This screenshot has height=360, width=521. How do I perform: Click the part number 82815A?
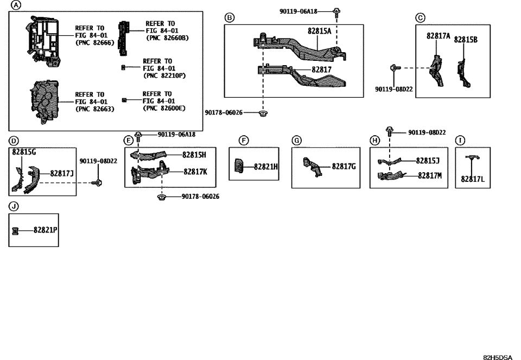pos(319,31)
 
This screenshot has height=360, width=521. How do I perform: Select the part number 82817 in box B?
pos(321,70)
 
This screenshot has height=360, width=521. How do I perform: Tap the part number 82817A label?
pos(438,36)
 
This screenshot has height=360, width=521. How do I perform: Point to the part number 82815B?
pos(466,40)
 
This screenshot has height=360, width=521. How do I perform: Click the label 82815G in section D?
pos(24,153)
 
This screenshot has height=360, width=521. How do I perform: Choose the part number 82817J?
pos(62,173)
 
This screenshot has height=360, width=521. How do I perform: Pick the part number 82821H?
pos(266,167)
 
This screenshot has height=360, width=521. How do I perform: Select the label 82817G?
pos(344,166)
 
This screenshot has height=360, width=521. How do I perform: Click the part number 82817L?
pos(472,179)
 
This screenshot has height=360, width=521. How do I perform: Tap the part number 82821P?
pos(45,230)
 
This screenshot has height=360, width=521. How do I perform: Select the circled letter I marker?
pos(460,141)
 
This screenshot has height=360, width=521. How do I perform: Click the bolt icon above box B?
pos(337,11)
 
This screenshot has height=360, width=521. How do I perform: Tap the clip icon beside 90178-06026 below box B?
pos(263,113)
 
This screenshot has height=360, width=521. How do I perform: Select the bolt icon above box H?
pos(389,131)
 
